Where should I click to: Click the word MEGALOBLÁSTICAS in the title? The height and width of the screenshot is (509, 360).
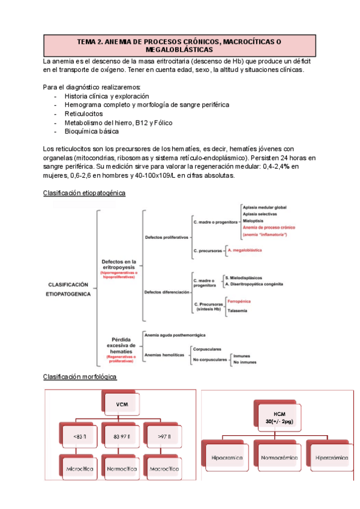click(x=179, y=50)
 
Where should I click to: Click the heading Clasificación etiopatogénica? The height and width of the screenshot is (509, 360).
click(x=85, y=193)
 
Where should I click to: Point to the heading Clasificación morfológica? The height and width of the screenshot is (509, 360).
click(x=80, y=376)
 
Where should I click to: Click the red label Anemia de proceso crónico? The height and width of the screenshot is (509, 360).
click(x=269, y=227)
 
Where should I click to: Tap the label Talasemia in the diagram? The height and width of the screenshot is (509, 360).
click(x=236, y=310)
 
